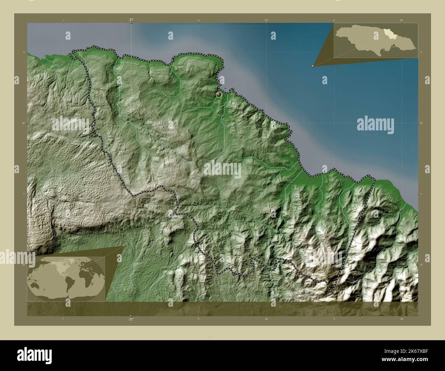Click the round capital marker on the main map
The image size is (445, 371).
219,94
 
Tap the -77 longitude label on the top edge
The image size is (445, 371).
131,20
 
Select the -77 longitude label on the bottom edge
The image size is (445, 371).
130,319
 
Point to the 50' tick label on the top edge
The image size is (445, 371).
266,21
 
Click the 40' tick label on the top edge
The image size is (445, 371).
401,21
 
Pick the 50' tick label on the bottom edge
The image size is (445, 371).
266,319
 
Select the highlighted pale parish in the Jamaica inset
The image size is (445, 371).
389,35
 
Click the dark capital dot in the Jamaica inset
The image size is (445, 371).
394,45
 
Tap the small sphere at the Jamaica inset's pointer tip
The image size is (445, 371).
313,66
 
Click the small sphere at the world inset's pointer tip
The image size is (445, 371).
123,246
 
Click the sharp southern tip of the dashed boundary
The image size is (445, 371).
332,293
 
